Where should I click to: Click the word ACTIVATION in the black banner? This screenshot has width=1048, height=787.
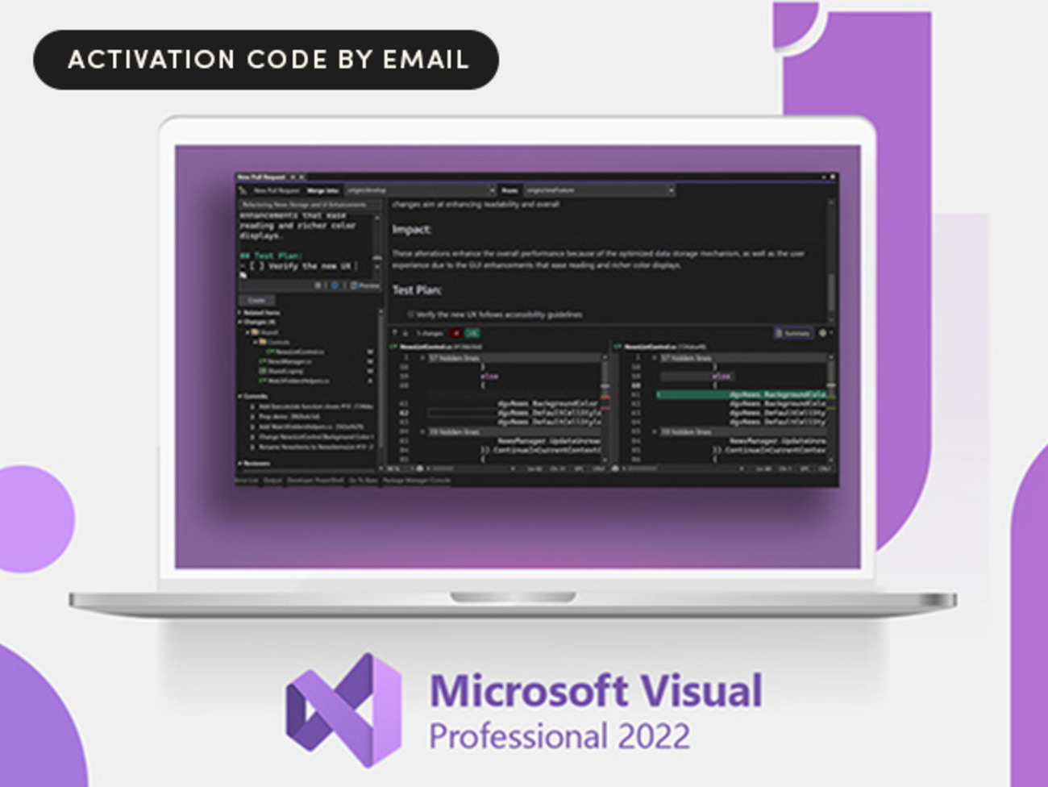pyautogui.click(x=152, y=60)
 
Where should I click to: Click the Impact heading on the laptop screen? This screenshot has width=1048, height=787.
pyautogui.click(x=411, y=230)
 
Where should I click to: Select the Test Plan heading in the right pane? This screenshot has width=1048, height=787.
pyautogui.click(x=417, y=289)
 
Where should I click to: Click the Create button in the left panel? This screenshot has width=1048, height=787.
pyautogui.click(x=256, y=300)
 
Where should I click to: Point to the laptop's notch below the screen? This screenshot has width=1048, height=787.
pyautogui.click(x=513, y=598)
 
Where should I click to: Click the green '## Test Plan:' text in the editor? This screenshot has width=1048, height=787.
pyautogui.click(x=271, y=256)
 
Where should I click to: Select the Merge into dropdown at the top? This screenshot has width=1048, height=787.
pyautogui.click(x=419, y=190)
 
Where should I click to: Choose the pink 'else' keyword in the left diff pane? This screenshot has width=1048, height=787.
pyautogui.click(x=489, y=376)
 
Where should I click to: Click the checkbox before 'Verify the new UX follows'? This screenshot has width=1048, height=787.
pyautogui.click(x=410, y=314)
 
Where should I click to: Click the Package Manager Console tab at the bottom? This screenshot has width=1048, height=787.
pyautogui.click(x=416, y=481)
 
